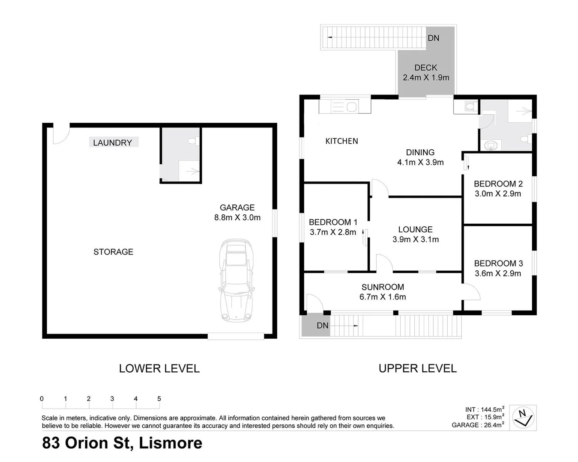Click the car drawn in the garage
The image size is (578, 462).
[x=237, y=281]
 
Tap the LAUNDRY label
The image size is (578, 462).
[x=113, y=142]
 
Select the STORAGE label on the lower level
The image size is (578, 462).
[x=114, y=252]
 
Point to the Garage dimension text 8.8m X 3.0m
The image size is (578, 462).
[x=237, y=217]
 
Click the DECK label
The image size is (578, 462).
[x=426, y=68]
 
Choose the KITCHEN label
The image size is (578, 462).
[x=341, y=141]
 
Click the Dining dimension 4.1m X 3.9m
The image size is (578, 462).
[x=420, y=162]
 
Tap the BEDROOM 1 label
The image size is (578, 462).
[x=333, y=222]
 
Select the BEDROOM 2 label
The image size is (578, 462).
[x=498, y=184]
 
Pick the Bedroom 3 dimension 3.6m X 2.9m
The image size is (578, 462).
[x=498, y=273]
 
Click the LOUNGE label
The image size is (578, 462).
[x=416, y=230]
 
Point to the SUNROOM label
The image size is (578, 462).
[x=383, y=287]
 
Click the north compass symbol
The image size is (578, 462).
[x=523, y=418]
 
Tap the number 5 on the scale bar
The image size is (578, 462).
[x=159, y=399]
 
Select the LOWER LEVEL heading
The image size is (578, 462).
[x=159, y=368]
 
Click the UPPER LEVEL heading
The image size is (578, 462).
[x=418, y=368]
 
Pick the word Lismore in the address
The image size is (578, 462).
[x=171, y=443]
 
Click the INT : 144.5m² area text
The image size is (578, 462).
[x=485, y=409]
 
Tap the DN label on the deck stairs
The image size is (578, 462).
[x=434, y=38]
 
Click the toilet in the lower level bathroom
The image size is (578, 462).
[x=194, y=141]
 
